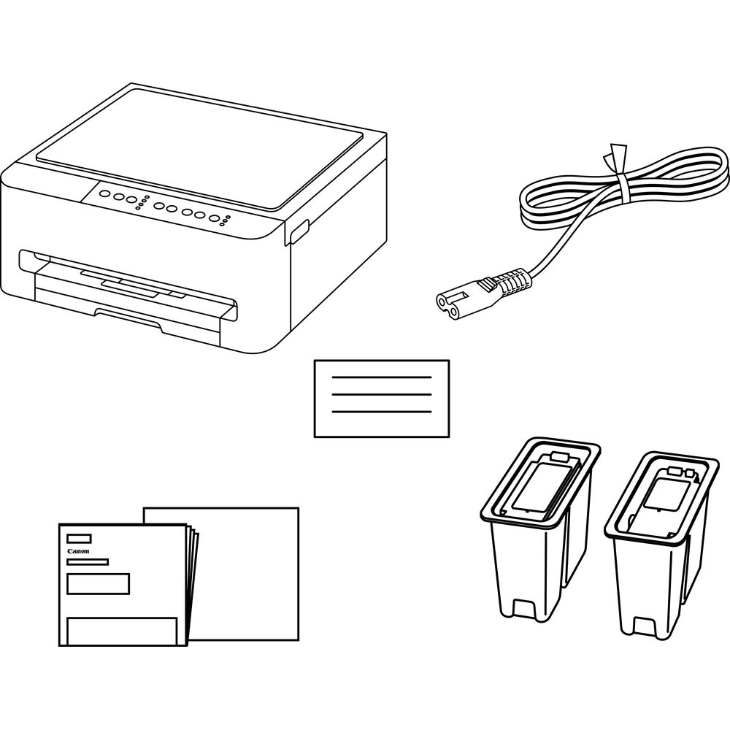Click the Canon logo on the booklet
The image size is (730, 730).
(x=78, y=551)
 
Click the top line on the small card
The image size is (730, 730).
(x=382, y=377)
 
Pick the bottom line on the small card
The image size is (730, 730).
(x=382, y=412)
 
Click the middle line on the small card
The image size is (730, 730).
(x=382, y=394)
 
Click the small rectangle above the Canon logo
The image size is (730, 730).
(x=79, y=539)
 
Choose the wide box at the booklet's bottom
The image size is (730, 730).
(x=122, y=631)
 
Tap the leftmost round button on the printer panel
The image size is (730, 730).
(x=106, y=193)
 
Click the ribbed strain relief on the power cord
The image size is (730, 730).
(x=508, y=283)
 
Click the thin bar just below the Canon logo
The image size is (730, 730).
(x=88, y=562)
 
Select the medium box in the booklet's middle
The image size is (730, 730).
(x=99, y=584)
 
